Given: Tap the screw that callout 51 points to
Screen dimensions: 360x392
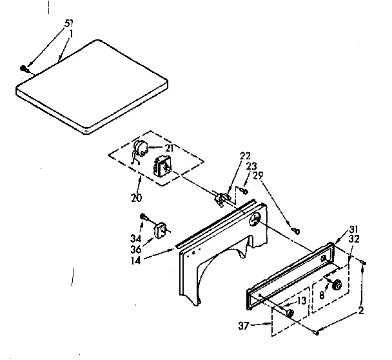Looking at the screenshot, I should tap(23, 67).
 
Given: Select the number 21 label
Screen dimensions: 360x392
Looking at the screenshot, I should tap(170, 148).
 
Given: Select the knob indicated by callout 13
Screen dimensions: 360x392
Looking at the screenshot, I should tap(289, 313).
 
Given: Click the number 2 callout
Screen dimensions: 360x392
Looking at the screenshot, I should tap(361, 310).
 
